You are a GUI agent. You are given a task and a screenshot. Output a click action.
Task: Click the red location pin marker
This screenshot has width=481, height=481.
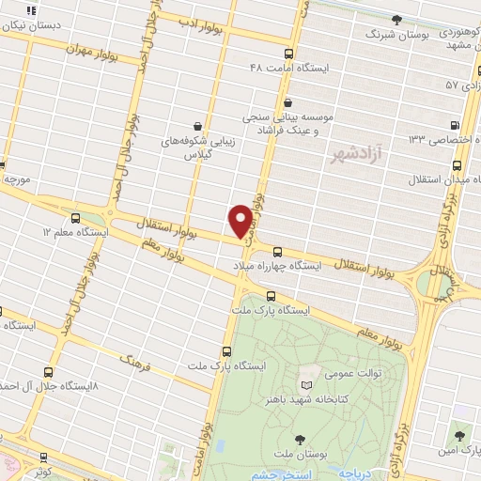240,221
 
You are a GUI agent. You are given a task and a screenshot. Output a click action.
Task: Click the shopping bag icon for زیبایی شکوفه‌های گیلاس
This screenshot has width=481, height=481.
197,125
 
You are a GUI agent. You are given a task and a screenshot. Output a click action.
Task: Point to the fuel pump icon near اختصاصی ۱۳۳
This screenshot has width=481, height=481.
455,125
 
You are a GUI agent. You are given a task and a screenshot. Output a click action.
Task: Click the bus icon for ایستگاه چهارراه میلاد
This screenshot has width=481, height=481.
277,251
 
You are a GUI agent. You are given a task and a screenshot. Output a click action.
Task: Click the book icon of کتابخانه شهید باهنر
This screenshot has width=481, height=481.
305,385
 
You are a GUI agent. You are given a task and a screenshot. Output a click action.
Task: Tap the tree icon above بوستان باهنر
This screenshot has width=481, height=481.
299,438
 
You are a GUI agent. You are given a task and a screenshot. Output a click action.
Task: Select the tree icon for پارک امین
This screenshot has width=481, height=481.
459,435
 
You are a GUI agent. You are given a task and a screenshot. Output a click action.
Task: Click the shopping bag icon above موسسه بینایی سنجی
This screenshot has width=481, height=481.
287,102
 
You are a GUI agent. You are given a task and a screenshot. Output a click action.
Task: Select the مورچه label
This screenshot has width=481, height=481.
17,178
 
